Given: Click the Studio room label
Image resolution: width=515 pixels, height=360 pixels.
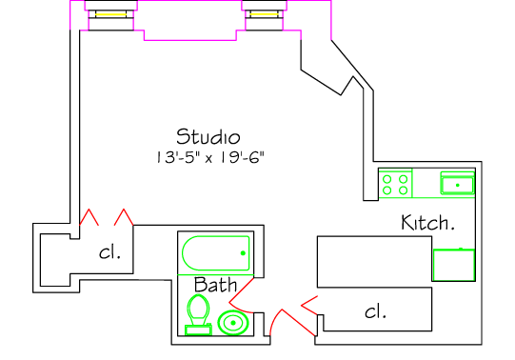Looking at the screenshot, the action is pyautogui.click(x=208, y=136).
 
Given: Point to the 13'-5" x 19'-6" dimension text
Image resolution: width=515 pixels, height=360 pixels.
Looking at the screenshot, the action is pyautogui.click(x=209, y=157).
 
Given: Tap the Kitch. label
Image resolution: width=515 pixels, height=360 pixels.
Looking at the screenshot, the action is pyautogui.click(x=428, y=222).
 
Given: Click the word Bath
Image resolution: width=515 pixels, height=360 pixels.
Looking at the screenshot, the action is pyautogui.click(x=215, y=285).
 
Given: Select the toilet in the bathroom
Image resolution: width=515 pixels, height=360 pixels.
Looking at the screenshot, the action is pyautogui.click(x=198, y=314).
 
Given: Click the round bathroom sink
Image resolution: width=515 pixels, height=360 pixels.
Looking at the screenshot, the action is pyautogui.click(x=233, y=323).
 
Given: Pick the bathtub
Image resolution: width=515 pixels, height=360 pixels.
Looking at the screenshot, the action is pyautogui.click(x=216, y=253).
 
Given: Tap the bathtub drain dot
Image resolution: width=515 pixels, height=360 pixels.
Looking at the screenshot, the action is pyautogui.click(x=243, y=253).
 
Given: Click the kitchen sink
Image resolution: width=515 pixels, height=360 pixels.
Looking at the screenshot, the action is pyautogui.click(x=458, y=184).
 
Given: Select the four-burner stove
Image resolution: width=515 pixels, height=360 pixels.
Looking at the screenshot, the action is pyautogui.click(x=395, y=184).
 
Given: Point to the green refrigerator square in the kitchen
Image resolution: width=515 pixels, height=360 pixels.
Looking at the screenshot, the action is pyautogui.click(x=454, y=265).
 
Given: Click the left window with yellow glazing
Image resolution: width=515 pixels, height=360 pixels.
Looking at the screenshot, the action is pyautogui.click(x=111, y=15).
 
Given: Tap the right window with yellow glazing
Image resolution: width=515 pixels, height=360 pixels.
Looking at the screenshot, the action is pyautogui.click(x=264, y=14).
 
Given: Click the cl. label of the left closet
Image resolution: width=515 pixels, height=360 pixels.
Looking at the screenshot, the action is pyautogui.click(x=109, y=252).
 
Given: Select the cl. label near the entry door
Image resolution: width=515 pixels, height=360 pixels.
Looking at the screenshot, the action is pyautogui.click(x=375, y=311).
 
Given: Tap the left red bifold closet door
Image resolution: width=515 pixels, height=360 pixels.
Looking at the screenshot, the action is pyautogui.click(x=89, y=217).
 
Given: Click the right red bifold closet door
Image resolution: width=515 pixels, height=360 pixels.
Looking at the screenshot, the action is pyautogui.click(x=124, y=217).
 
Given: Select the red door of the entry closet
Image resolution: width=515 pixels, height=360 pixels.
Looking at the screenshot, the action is pyautogui.click(x=309, y=306).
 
